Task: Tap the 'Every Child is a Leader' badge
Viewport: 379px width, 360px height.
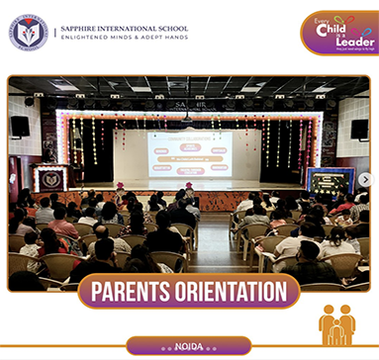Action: tap(338, 32)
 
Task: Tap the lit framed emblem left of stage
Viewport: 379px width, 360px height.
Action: tap(50, 179)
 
